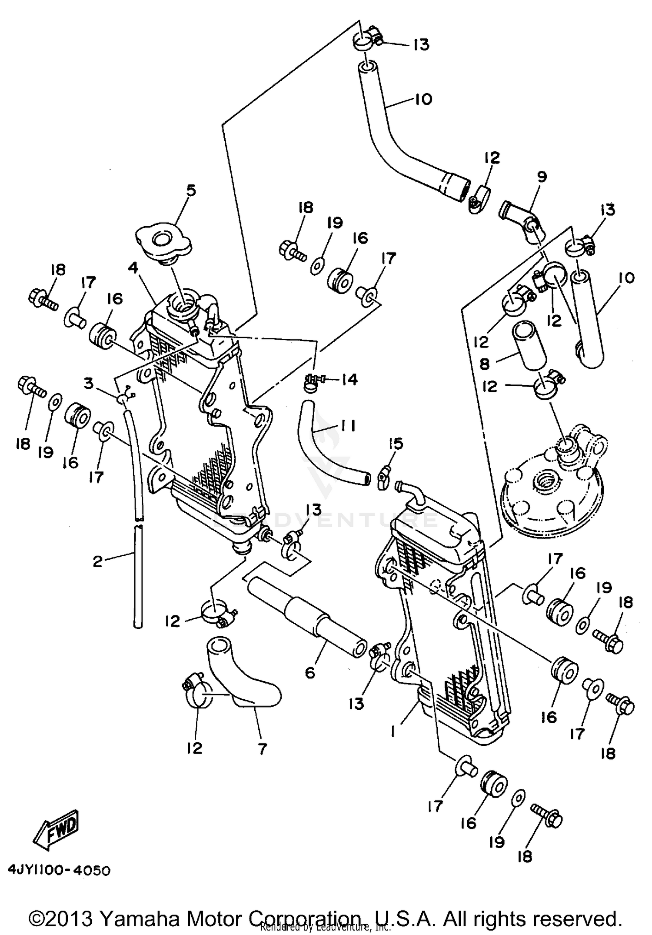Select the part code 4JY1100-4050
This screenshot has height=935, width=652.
(x=59, y=870)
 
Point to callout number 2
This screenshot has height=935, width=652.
(x=97, y=561)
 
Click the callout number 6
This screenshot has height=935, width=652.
(x=309, y=672)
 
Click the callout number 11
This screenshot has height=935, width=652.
(x=348, y=426)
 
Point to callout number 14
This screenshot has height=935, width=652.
(x=349, y=380)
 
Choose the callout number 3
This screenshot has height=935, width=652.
(x=89, y=384)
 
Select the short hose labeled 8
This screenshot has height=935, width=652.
(x=528, y=347)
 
